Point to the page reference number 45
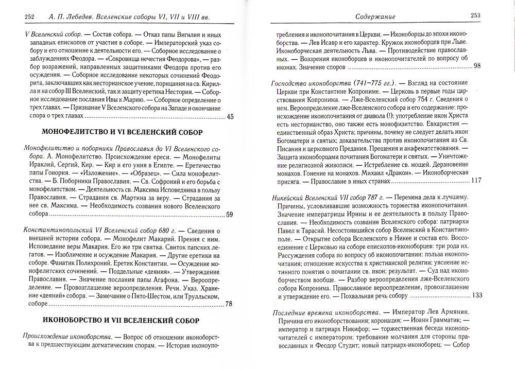tap(230, 117)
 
